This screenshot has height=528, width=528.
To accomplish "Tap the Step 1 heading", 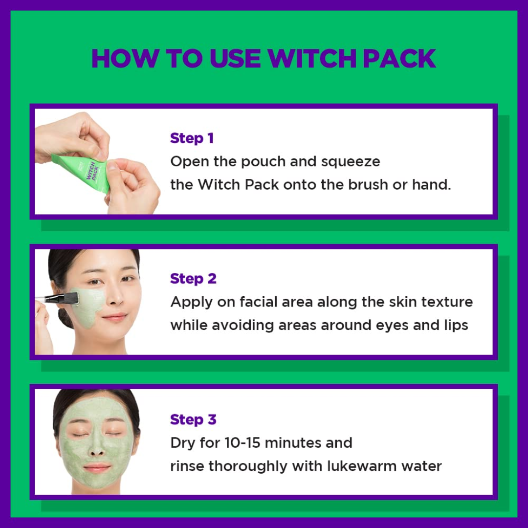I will coord(192,138).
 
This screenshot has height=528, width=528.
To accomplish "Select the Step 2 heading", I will coord(193,279).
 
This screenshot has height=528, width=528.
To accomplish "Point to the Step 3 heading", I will coord(193,419).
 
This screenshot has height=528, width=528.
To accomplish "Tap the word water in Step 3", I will coord(421,466).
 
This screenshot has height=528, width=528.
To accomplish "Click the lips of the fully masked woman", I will coord(96,468).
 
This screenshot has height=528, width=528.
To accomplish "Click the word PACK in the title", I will coord(396,58).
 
